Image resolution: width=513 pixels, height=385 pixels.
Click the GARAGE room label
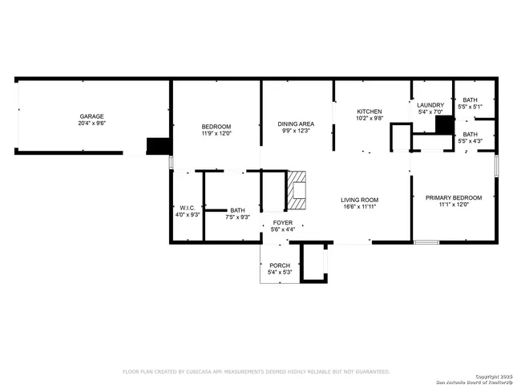pos(91,116)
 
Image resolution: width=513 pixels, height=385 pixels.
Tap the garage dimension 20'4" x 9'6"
pos(91,124)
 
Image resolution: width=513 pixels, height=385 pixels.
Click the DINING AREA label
pos(296,124)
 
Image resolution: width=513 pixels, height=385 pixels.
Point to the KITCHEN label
pos(369,111)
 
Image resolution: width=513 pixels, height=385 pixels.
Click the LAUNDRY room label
pos(430,104)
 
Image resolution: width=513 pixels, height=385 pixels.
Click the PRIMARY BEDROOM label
pos(454,197)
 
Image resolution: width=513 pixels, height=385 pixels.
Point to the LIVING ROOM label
pos(358,200)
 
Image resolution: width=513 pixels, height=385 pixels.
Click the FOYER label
pos(283,222)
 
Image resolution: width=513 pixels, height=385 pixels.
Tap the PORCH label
pos(279,265)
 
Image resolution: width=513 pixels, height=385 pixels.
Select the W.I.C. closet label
pos(188,207)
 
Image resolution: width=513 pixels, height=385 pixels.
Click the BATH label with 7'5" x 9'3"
pos(238,210)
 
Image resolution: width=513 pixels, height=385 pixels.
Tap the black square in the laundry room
pos(444,128)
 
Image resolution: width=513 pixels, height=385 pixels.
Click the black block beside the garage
pos(158,146)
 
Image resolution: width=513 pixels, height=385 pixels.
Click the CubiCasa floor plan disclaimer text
pos(256,372)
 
